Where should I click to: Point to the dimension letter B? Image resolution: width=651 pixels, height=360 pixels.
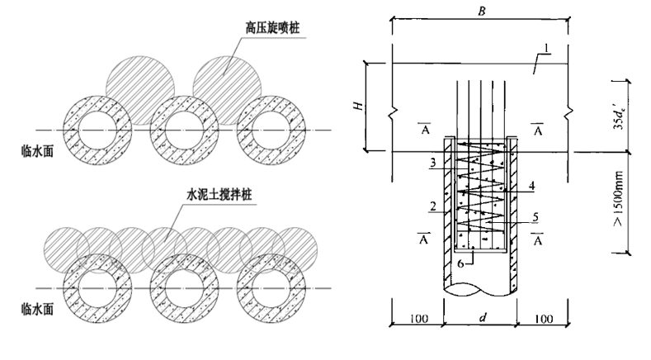tap(479, 10)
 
